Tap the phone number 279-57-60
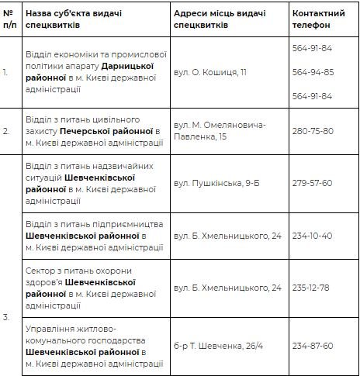(x=313, y=182)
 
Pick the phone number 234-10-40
(x=313, y=234)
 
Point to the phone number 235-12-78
(x=313, y=287)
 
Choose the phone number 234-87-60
(x=313, y=345)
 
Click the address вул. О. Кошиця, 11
(x=210, y=71)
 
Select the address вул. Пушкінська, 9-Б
(x=219, y=182)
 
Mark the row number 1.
(x=6, y=71)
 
